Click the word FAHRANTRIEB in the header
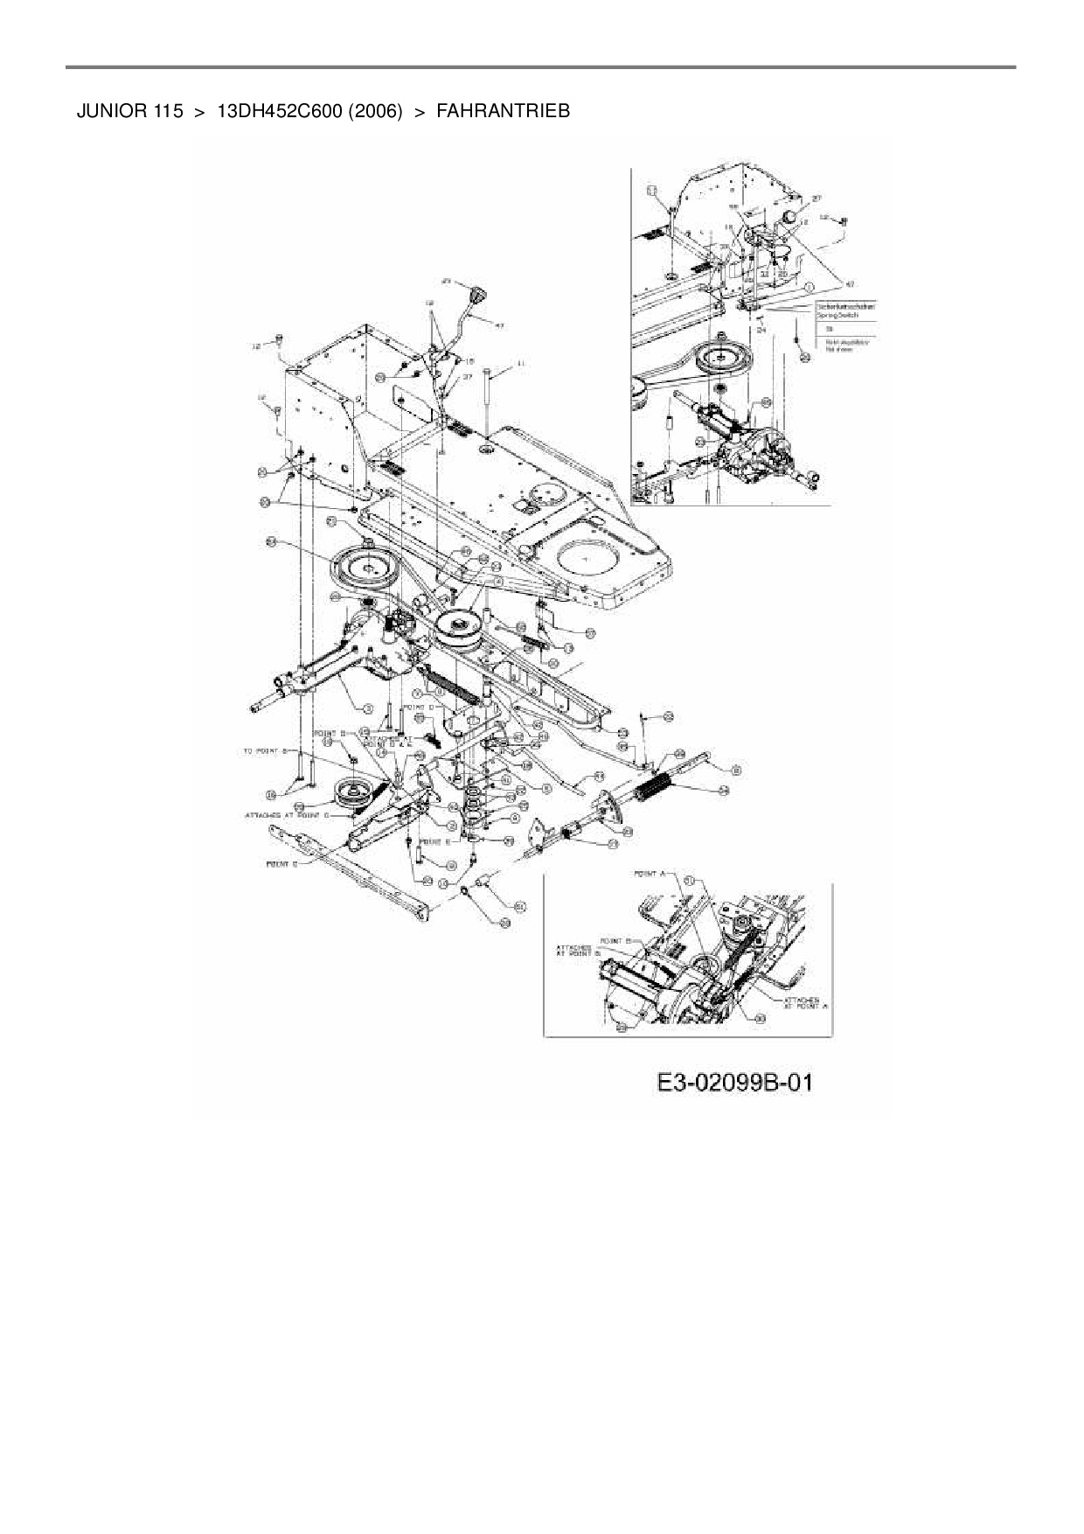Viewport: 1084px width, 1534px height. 503,112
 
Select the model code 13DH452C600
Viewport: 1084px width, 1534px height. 279,112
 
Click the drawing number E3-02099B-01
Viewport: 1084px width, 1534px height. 735,1083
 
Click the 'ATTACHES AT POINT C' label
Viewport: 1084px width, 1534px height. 286,815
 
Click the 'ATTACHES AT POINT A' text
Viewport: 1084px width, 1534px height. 805,1002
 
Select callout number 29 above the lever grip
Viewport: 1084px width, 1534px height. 446,282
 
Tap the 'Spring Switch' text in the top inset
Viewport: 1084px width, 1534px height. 832,315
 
